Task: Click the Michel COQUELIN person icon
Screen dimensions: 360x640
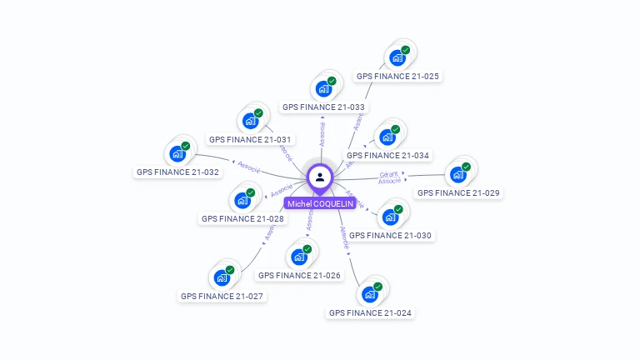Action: (320, 177)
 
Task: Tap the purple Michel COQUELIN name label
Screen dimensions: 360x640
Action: (320, 203)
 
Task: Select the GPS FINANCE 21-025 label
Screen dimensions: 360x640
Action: (397, 76)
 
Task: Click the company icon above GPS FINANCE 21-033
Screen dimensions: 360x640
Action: (323, 89)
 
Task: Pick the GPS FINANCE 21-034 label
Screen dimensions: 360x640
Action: (387, 155)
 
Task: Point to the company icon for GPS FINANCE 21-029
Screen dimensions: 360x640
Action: (457, 174)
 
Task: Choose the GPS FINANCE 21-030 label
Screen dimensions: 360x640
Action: (390, 235)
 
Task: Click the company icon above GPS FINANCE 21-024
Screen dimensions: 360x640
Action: (369, 294)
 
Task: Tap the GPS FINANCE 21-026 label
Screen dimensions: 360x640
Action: (299, 275)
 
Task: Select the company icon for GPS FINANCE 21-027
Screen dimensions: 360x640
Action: (222, 277)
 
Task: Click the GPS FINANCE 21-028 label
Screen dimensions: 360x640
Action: (242, 218)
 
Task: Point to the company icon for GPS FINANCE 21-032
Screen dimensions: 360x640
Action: (177, 153)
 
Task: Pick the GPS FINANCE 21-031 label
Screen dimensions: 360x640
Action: (250, 139)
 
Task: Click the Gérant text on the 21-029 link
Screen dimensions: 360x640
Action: (389, 174)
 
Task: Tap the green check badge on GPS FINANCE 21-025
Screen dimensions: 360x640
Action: (406, 50)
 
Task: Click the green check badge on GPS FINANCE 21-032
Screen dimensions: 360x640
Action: (186, 146)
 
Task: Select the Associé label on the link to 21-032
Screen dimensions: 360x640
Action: (249, 167)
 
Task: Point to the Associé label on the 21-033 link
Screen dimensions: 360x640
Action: (322, 133)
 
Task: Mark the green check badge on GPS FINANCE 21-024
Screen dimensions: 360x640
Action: (377, 286)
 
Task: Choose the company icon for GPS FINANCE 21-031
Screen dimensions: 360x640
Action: (250, 121)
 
